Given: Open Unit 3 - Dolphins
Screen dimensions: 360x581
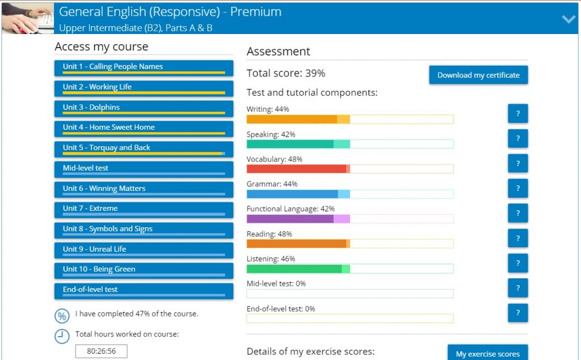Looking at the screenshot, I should [144, 108].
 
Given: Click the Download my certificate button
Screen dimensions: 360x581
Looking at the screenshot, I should [478, 75].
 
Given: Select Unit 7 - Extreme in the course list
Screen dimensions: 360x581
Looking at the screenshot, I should [144, 209].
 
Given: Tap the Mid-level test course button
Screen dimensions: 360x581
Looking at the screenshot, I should [144, 169].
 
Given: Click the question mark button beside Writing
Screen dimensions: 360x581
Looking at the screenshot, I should [517, 113].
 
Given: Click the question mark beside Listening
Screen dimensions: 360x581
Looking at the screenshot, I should [517, 263].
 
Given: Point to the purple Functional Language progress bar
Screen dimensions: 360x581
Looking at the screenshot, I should [350, 219].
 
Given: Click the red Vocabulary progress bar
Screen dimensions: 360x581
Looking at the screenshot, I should [350, 169].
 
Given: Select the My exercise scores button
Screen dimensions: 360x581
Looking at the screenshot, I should [487, 353].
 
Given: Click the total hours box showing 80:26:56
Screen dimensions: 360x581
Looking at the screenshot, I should [102, 351].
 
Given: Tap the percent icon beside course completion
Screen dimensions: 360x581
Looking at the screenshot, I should [62, 316].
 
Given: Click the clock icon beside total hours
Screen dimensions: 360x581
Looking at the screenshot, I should [62, 336].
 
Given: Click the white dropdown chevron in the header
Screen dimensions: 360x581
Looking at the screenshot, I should [569, 19].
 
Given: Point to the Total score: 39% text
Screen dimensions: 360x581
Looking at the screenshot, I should [286, 73].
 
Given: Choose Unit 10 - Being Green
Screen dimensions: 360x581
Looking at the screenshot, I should [144, 270].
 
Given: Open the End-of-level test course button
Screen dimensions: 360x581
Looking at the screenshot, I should [144, 290].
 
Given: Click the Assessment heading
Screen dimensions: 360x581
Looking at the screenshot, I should [279, 52].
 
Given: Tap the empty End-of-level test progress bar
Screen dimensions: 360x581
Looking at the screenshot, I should [350, 319].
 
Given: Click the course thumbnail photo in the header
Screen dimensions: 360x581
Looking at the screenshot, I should [28, 18].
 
